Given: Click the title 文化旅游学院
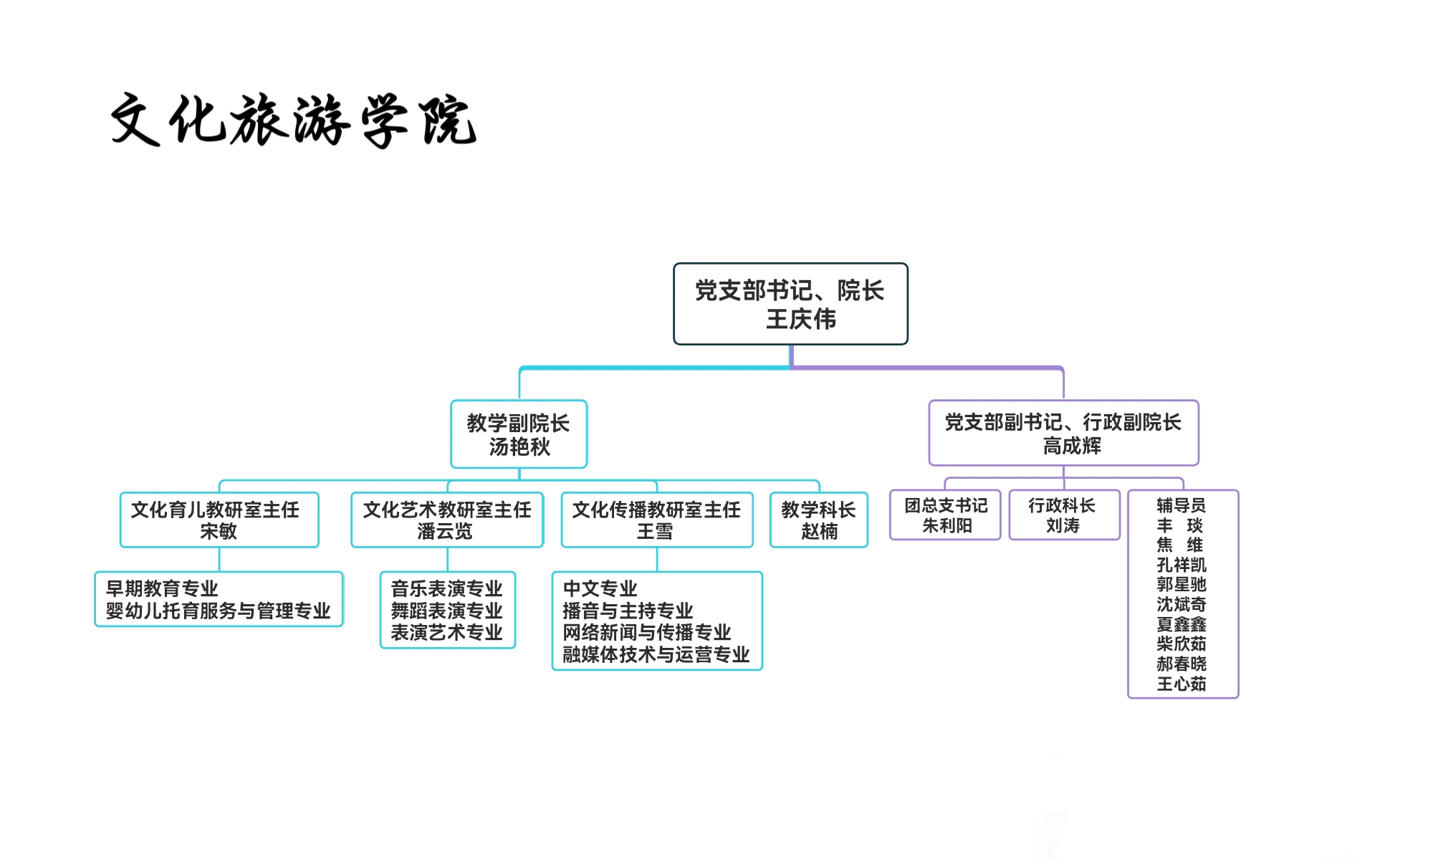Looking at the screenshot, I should [x=294, y=120].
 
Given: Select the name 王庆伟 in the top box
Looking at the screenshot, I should [x=800, y=320].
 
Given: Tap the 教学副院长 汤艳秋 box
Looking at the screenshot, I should [x=519, y=434].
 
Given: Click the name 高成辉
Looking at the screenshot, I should [x=1071, y=446].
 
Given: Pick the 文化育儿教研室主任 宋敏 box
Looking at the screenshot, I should [x=219, y=520].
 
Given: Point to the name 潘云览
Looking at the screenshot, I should [x=445, y=532].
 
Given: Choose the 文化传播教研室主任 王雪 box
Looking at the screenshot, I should [x=656, y=520].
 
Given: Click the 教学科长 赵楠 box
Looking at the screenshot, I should [x=818, y=520].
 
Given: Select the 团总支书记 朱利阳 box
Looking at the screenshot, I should [x=945, y=515].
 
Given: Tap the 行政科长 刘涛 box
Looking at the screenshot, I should [x=1063, y=515].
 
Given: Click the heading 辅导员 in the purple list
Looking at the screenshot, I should [x=1181, y=505].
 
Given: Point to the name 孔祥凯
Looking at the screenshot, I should [x=1181, y=565].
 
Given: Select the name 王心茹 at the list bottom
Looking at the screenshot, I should [x=1181, y=684].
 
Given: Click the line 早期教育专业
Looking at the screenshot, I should [x=162, y=588].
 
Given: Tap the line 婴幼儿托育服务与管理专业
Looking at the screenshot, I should [x=218, y=611].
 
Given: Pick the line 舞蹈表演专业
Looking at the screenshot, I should [x=446, y=611].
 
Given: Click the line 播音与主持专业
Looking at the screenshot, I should [x=628, y=611].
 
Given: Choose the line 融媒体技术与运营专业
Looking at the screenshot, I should [x=656, y=654].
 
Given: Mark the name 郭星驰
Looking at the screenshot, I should [x=1181, y=584].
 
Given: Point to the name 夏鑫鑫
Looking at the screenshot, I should [x=1181, y=624].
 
